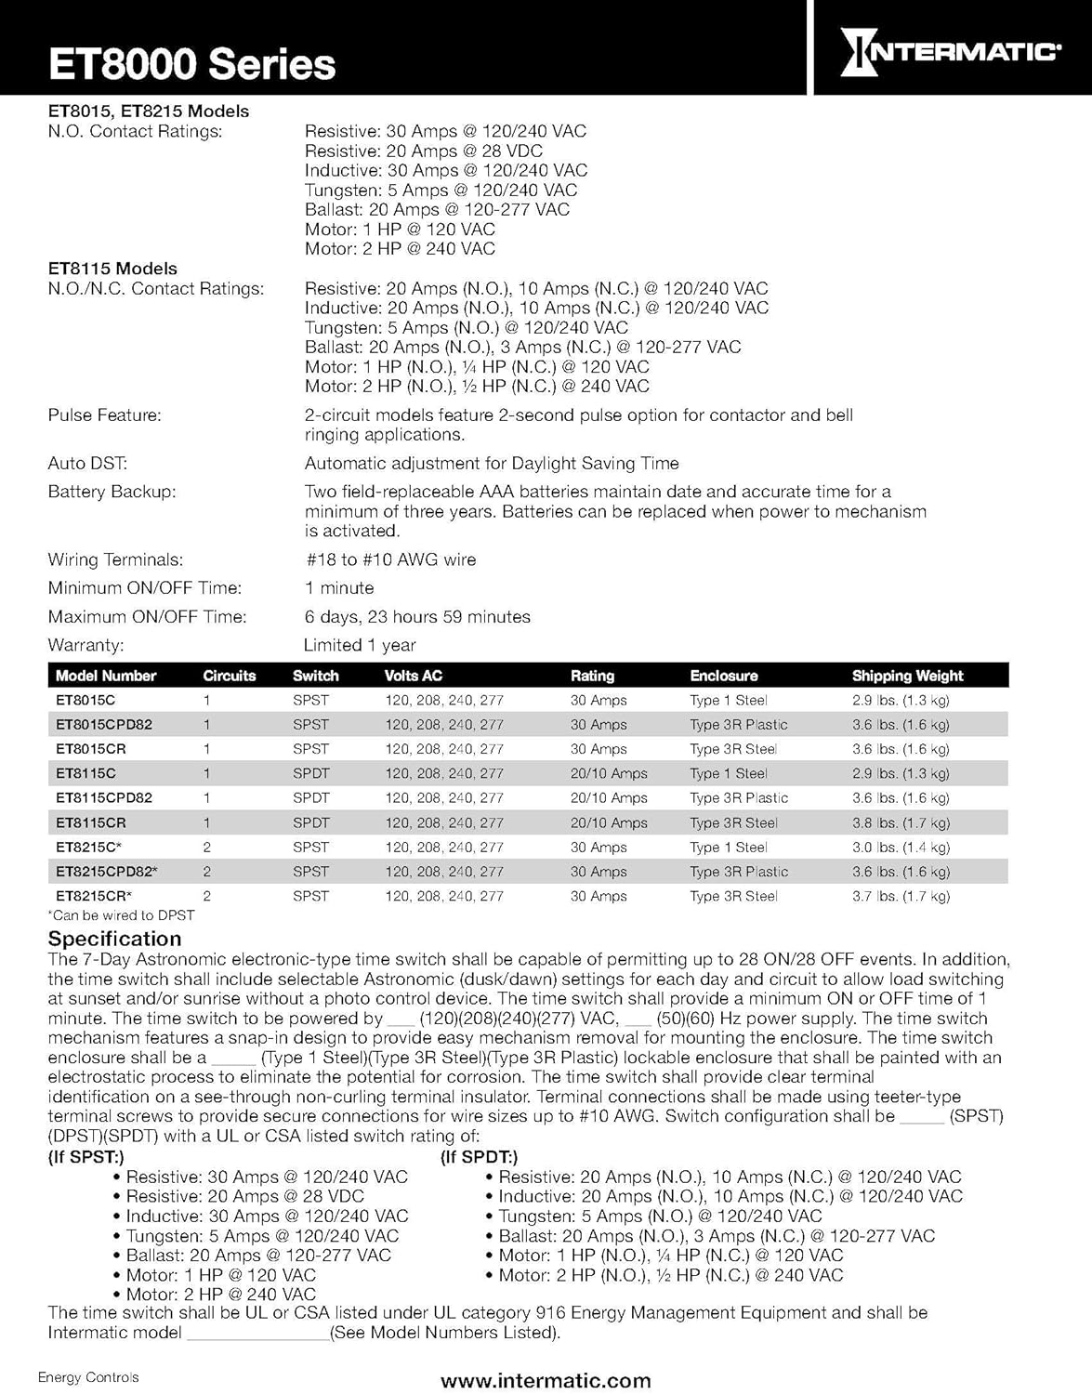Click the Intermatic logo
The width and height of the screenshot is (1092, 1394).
(951, 51)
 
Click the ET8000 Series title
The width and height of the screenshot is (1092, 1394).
(191, 64)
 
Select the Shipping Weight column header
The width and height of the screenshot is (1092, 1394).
(907, 676)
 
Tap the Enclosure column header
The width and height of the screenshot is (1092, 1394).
(723, 676)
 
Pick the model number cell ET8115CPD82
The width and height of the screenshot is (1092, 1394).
(104, 797)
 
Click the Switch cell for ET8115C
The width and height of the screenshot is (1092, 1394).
(310, 773)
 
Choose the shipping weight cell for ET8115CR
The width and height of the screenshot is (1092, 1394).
(901, 822)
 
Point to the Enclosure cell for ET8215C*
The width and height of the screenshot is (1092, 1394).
(728, 847)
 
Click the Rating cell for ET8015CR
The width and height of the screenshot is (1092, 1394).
(599, 749)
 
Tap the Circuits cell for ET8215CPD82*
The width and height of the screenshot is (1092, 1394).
(207, 872)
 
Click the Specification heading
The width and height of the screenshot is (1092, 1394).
(114, 939)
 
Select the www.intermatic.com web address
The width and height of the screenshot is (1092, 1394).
(546, 1380)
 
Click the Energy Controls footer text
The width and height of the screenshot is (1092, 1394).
(88, 1377)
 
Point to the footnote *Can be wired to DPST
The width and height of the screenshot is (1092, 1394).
(121, 915)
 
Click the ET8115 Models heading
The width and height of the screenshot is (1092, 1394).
(112, 269)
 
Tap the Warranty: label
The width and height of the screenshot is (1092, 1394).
(86, 645)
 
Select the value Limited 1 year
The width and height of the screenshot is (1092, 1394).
(360, 645)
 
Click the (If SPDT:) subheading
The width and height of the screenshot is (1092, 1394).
(479, 1157)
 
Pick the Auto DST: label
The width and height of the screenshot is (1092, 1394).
(87, 463)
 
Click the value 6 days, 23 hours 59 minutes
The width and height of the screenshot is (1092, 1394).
(417, 617)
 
